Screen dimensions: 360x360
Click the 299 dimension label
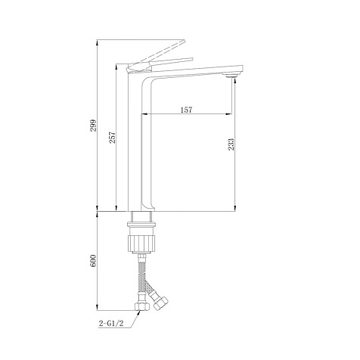(x=93, y=126)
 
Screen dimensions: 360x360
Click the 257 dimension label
(x=112, y=138)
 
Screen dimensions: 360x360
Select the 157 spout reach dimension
(x=187, y=110)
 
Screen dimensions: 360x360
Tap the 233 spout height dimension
(x=231, y=144)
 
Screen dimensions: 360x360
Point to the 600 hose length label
(x=93, y=261)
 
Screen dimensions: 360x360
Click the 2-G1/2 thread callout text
(x=111, y=324)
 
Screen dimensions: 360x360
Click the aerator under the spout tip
(x=232, y=76)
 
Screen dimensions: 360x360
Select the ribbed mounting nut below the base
(x=142, y=243)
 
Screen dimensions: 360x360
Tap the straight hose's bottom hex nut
(x=142, y=306)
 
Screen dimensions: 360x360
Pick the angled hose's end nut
(x=161, y=303)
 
